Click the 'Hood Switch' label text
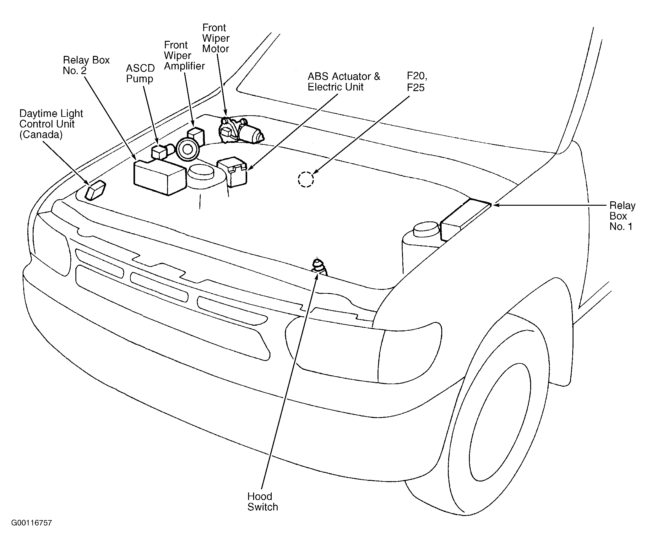[263, 502]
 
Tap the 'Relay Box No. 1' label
[622, 216]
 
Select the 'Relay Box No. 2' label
[86, 65]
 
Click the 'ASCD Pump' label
[140, 73]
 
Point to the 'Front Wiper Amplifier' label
[184, 56]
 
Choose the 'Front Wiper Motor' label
[216, 38]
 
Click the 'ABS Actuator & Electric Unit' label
[344, 82]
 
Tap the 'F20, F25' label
[417, 82]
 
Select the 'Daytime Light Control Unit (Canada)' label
[51, 124]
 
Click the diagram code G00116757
[31, 523]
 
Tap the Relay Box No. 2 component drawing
[160, 177]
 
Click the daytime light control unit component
[95, 190]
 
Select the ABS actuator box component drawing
[232, 171]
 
